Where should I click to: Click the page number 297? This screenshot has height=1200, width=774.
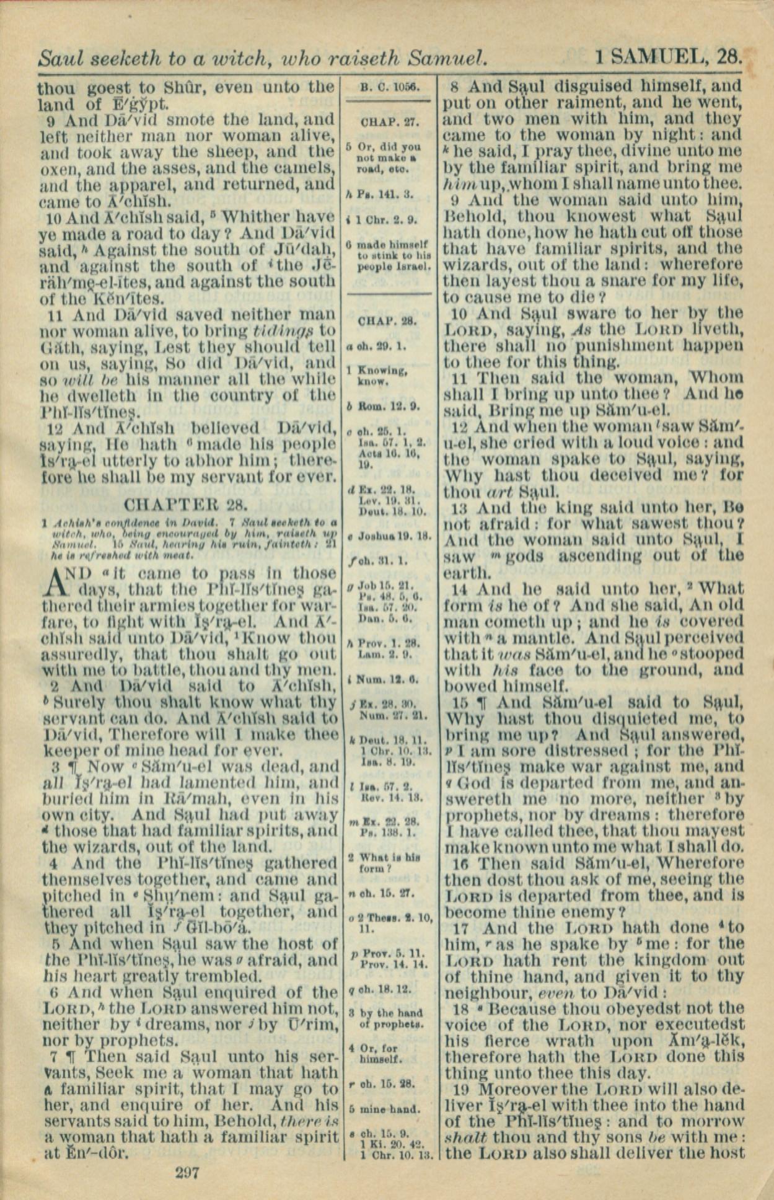pyautogui.click(x=187, y=1172)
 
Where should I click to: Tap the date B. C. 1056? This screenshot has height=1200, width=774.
pyautogui.click(x=390, y=88)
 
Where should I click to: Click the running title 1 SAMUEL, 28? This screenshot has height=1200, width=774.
pyautogui.click(x=669, y=58)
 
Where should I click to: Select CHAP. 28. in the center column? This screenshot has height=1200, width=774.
pyautogui.click(x=387, y=321)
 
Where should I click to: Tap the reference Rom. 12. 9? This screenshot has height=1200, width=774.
pyautogui.click(x=386, y=407)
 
